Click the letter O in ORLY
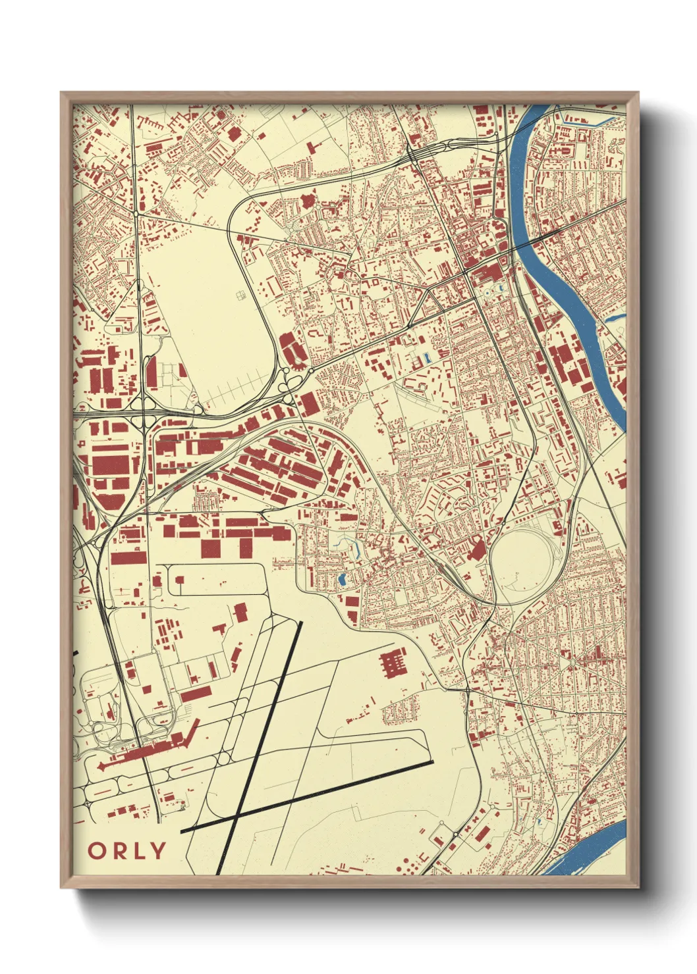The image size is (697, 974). [x=97, y=851]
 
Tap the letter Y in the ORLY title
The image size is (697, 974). [x=156, y=851]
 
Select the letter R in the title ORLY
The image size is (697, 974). [x=118, y=851]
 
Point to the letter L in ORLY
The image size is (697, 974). [x=136, y=851]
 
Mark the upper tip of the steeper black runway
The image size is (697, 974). [x=300, y=623]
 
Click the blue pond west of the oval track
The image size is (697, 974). [x=341, y=580]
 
